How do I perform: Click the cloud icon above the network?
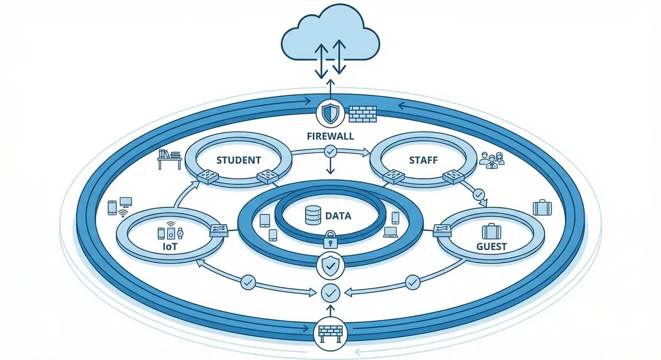point(330,38)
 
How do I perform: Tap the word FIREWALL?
point(330,137)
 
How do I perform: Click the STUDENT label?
point(238,160)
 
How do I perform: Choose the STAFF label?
point(423,160)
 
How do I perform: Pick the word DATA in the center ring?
point(338,217)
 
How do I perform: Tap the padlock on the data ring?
point(330,241)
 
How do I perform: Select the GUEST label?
point(492,246)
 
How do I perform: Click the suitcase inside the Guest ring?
point(491,231)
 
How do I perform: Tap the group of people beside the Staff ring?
point(492,159)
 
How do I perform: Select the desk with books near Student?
point(169,159)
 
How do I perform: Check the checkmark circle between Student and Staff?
point(330,151)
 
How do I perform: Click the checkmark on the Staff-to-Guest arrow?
point(479,194)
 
